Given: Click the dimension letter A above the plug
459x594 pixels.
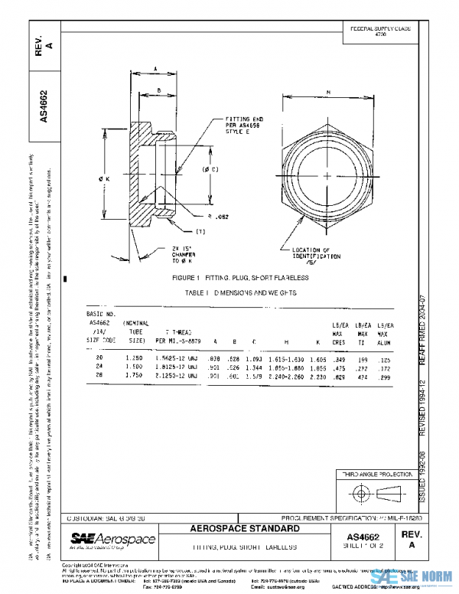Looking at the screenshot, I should [x=155, y=69].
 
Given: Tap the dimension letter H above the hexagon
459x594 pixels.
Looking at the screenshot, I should [x=328, y=93].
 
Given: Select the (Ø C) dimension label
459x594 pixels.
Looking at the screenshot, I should [x=211, y=168].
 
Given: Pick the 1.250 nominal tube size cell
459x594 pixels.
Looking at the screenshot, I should [x=135, y=357].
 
